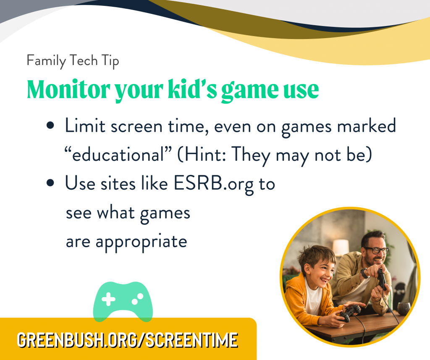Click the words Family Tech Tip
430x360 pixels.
[x=73, y=61]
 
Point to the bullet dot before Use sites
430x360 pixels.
[x=51, y=183]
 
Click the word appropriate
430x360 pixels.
[x=142, y=242]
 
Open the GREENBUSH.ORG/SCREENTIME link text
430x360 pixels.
[x=127, y=339]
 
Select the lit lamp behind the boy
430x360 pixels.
[x=341, y=247]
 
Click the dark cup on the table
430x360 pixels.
[x=404, y=309]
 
